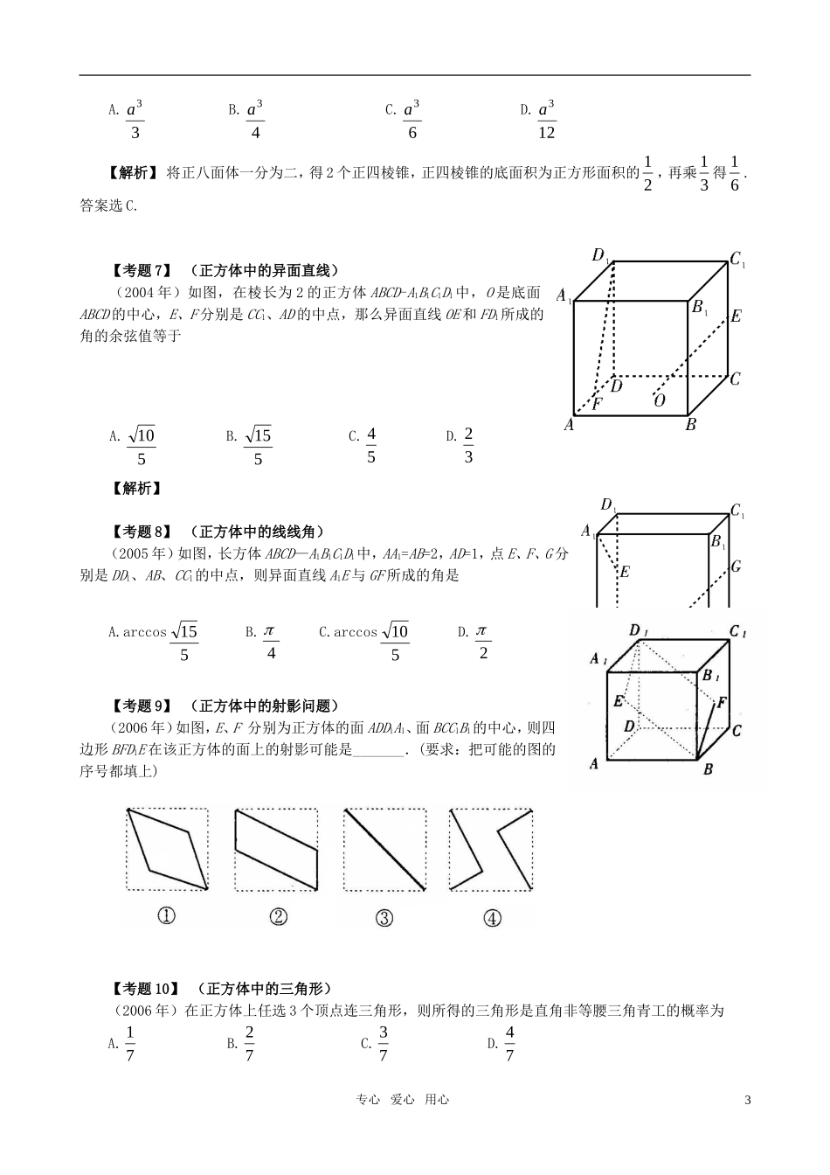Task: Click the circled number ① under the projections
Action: [166, 916]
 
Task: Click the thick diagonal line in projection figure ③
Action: [385, 849]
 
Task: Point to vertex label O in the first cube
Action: [660, 400]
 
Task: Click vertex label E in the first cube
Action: [736, 316]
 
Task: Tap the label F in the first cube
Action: [598, 404]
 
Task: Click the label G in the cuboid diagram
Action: [736, 567]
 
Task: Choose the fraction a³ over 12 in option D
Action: [546, 120]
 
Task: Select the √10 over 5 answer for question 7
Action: [141, 446]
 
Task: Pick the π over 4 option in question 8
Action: [270, 642]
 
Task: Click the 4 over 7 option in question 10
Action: [509, 1044]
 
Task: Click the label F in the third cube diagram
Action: [722, 702]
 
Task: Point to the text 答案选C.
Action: [109, 205]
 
